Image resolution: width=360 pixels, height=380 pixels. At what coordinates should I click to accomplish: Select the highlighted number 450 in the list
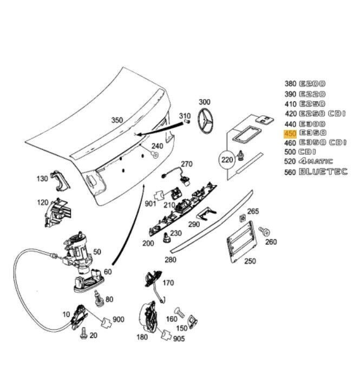click(x=290, y=133)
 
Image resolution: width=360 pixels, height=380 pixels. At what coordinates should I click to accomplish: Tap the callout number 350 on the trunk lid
click(x=117, y=120)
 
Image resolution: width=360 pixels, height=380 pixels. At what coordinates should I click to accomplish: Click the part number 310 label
click(x=185, y=116)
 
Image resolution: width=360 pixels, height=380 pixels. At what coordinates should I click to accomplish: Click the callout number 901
click(x=150, y=203)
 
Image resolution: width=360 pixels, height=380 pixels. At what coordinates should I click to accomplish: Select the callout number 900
click(x=118, y=319)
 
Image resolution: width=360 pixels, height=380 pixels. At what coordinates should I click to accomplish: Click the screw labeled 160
click(x=181, y=313)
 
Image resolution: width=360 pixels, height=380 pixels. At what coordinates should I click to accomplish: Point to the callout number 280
click(x=171, y=260)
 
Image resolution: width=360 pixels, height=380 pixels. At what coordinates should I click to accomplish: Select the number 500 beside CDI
click(x=290, y=152)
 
